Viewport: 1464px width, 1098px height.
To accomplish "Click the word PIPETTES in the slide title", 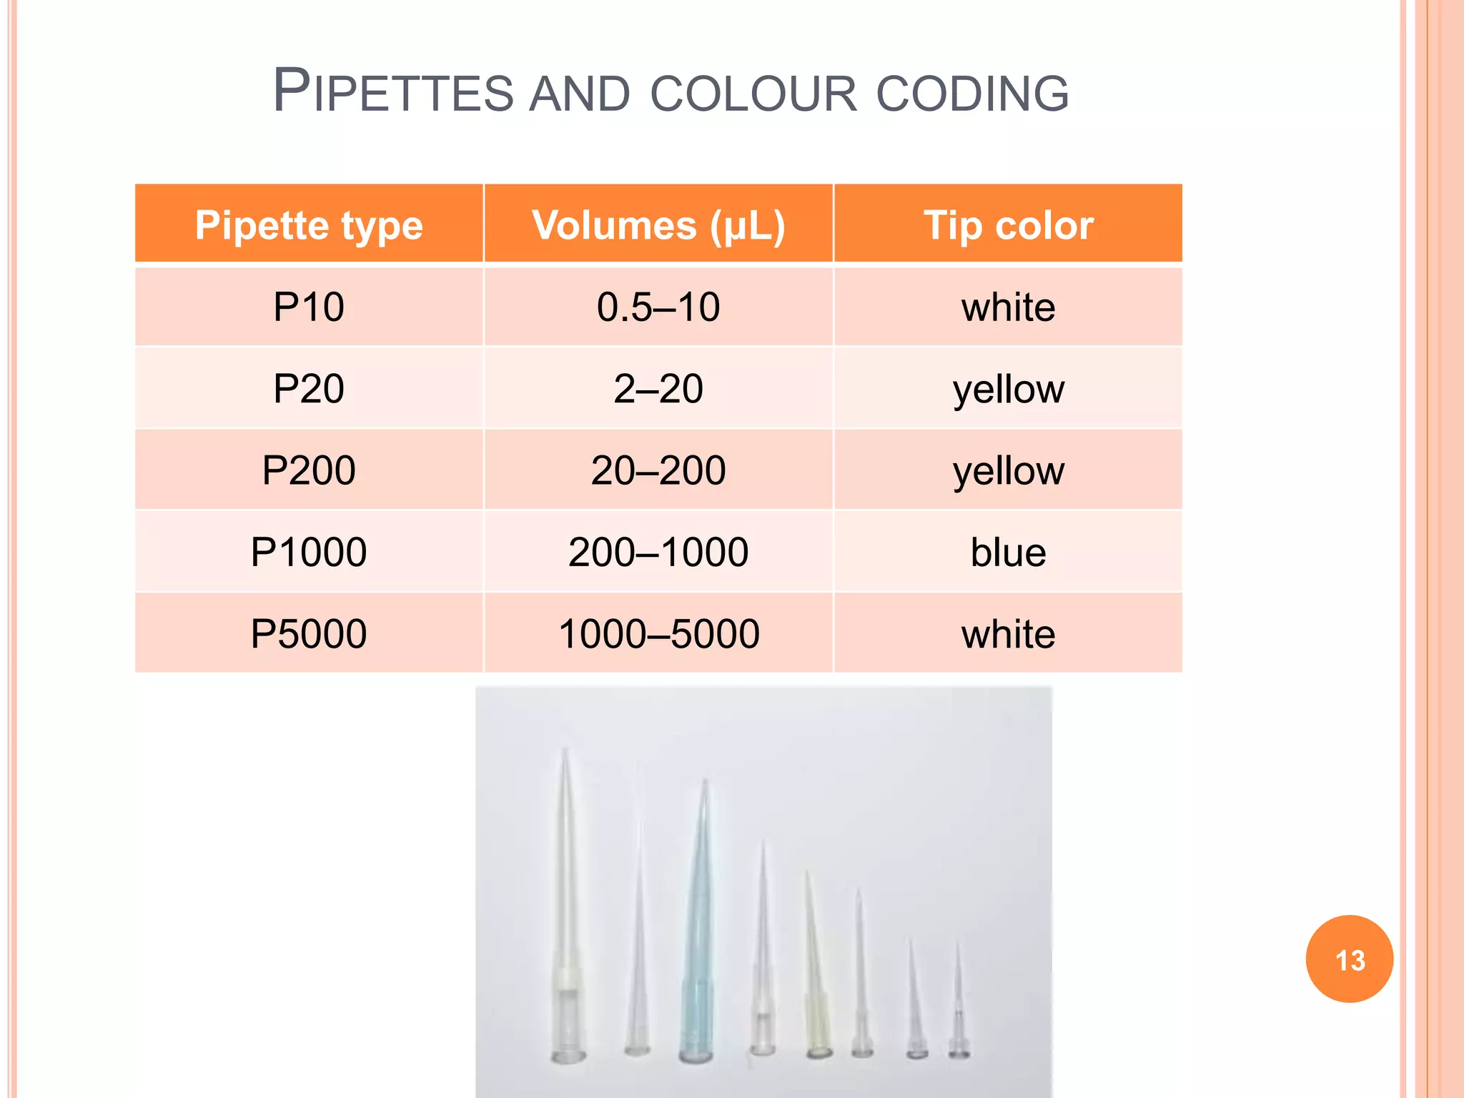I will pyautogui.click(x=392, y=91).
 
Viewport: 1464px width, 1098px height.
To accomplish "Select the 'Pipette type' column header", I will pyautogui.click(x=309, y=225).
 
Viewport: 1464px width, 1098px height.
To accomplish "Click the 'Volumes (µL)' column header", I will pyautogui.click(x=658, y=225).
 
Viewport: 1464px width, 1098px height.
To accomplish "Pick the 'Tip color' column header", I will pyautogui.click(x=1008, y=225).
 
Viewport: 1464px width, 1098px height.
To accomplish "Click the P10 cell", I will pyautogui.click(x=309, y=307).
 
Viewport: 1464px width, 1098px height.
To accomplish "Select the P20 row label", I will pyautogui.click(x=309, y=389).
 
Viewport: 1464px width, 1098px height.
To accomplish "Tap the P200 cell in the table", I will pyautogui.click(x=309, y=470).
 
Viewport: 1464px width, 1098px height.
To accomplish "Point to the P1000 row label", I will pyautogui.click(x=309, y=552).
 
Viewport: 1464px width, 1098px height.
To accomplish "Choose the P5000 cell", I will pyautogui.click(x=309, y=633).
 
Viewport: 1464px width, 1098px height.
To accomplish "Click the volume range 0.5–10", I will pyautogui.click(x=658, y=307).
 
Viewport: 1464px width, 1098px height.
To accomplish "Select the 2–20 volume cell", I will pyautogui.click(x=658, y=389).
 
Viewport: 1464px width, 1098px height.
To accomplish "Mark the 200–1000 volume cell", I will pyautogui.click(x=658, y=552).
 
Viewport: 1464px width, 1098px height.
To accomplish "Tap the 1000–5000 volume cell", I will pyautogui.click(x=658, y=633).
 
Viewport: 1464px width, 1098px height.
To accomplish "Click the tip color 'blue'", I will pyautogui.click(x=1008, y=552).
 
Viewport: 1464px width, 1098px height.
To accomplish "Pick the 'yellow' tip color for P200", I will pyautogui.click(x=1008, y=470).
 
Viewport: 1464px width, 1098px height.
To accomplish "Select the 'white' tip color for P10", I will pyautogui.click(x=1008, y=307).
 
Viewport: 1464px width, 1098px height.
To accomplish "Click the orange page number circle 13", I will pyautogui.click(x=1349, y=959).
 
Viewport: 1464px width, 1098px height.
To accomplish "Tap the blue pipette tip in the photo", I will pyautogui.click(x=697, y=951).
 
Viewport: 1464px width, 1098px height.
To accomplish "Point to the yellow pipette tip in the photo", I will pyautogui.click(x=816, y=1001).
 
